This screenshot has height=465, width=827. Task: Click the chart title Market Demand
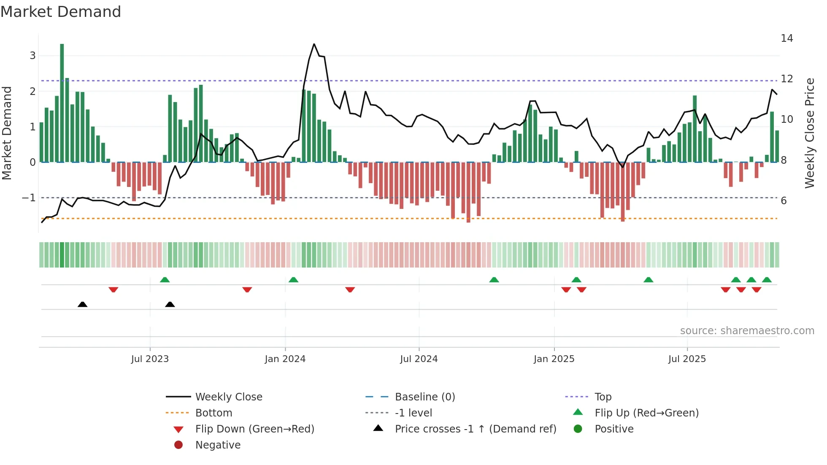point(61,11)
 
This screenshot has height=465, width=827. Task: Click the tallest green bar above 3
point(62,101)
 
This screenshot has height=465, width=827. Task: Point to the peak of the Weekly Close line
point(314,44)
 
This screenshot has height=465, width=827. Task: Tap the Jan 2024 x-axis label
point(285,359)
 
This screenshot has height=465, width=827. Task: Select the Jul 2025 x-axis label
point(686,359)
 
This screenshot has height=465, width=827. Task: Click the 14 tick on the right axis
point(786,38)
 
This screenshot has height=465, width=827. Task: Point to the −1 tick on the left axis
point(29,197)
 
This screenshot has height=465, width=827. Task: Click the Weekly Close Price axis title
point(809,133)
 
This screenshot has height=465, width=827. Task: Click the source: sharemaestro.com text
point(747,331)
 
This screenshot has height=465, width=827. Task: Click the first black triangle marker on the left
point(83,304)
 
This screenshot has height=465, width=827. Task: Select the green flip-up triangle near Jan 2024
point(293,280)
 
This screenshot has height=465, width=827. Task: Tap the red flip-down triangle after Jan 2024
point(350,289)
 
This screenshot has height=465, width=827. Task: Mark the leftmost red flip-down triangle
point(113,289)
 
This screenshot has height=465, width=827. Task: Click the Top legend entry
point(603,397)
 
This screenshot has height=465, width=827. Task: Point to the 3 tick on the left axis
point(32,56)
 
